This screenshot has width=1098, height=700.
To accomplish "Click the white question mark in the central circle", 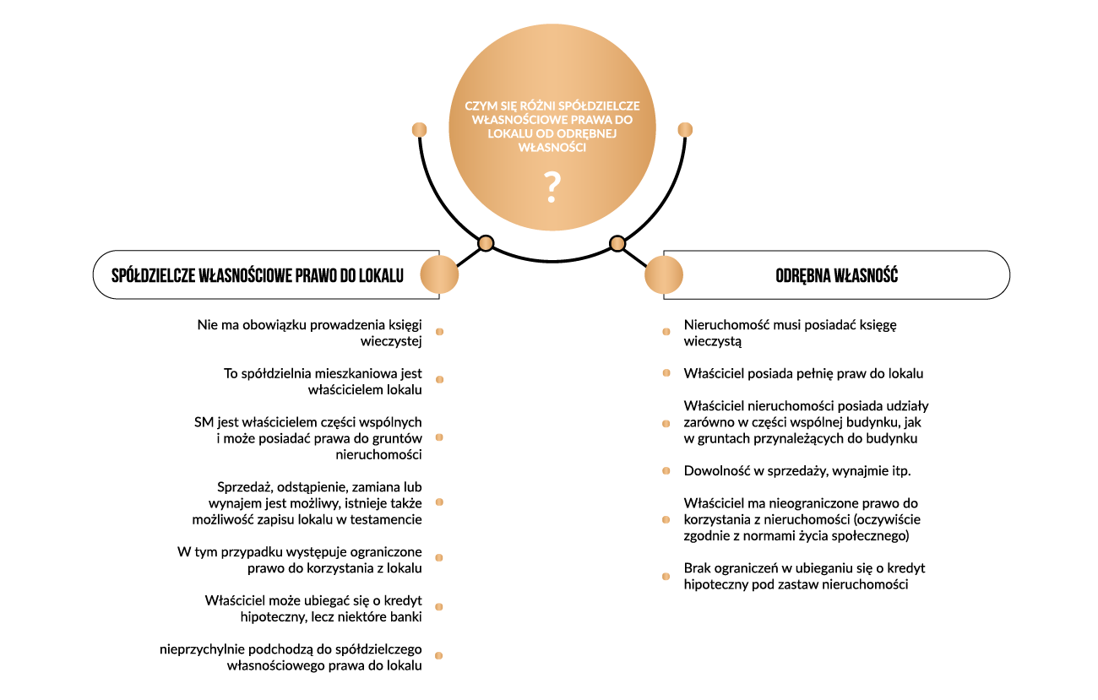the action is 552,187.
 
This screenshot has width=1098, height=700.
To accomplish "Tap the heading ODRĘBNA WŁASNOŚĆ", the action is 836,275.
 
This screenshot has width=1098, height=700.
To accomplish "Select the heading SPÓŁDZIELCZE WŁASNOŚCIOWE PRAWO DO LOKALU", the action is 258,275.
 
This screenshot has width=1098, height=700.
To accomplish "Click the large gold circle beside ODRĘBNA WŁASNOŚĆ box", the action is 664,274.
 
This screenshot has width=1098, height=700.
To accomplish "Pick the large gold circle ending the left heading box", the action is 439,274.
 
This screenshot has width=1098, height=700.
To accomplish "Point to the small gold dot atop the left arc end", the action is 419,129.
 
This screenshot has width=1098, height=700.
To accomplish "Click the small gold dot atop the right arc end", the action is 685,129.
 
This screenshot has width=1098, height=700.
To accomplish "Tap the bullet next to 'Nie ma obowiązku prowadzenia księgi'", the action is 440,332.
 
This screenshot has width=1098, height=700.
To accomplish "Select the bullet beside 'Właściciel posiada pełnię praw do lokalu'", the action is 666,373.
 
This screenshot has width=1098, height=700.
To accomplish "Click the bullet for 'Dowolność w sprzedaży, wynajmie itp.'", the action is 666,470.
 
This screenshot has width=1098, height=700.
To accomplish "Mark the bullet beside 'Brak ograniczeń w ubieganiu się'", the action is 666,577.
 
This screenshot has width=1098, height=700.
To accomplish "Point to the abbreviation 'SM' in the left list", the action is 204,422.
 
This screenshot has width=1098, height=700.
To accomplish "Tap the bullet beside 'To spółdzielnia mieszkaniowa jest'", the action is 440,380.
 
